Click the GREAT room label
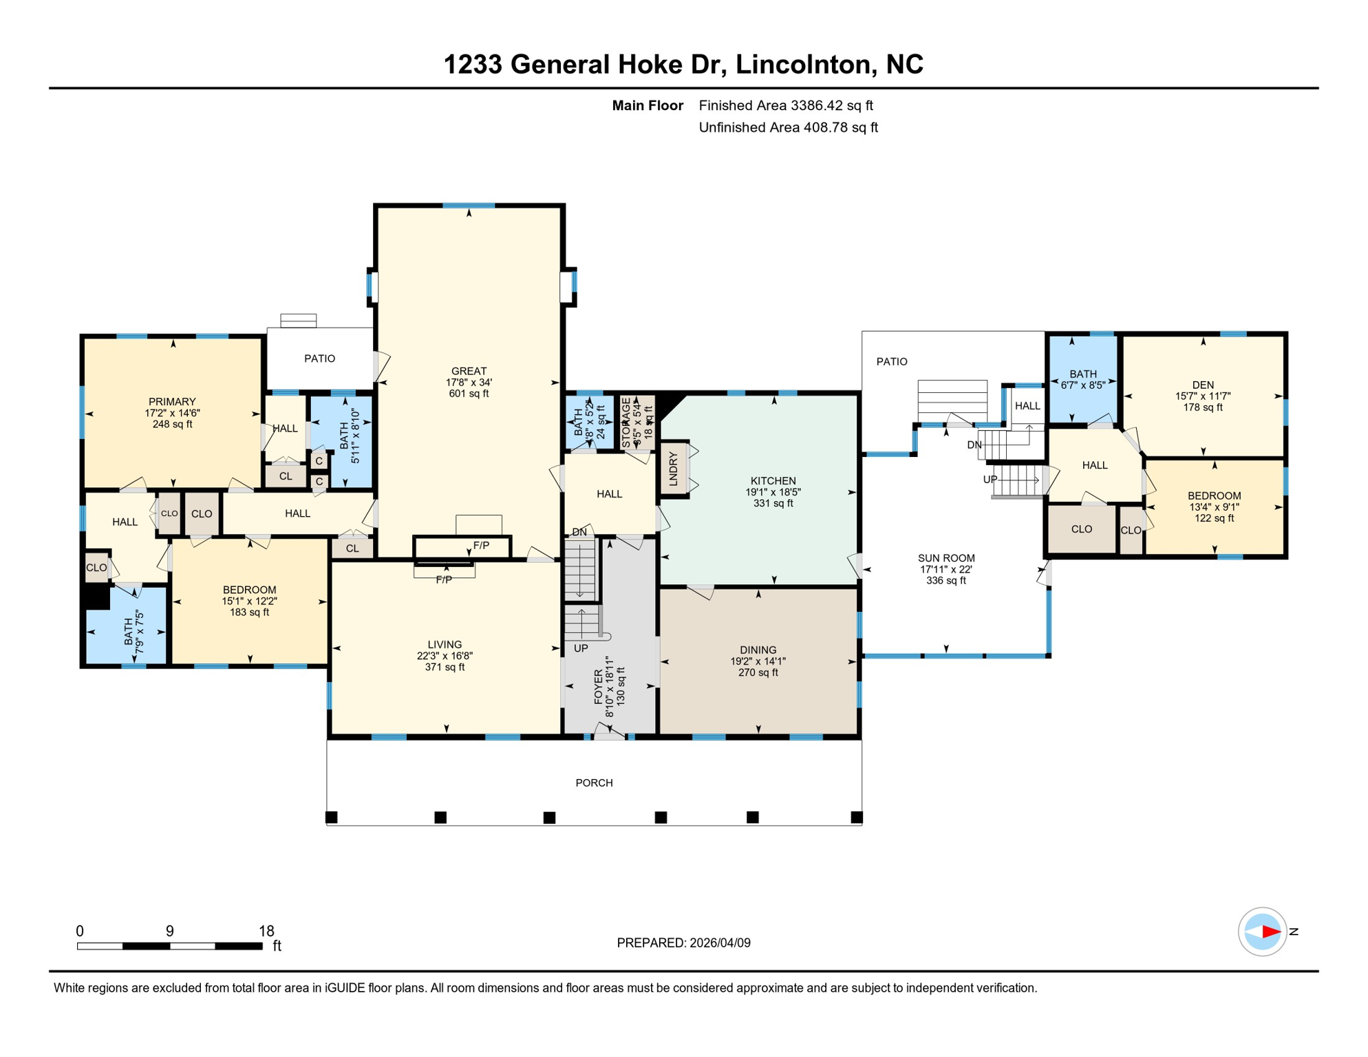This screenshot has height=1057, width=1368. (x=469, y=371)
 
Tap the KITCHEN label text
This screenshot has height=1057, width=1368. (x=773, y=481)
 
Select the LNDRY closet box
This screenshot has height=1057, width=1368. (x=674, y=469)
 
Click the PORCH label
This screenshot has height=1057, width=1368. (x=594, y=783)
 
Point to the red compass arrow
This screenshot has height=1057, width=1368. (x=1270, y=932)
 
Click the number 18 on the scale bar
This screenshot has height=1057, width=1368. (x=266, y=931)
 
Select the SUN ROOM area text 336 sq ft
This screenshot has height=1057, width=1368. (x=945, y=581)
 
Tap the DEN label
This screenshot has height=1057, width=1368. (x=1203, y=385)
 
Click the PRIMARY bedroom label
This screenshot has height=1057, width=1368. (x=172, y=402)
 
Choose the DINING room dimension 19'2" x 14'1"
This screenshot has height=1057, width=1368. (x=758, y=661)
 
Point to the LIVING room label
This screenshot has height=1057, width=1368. (x=445, y=645)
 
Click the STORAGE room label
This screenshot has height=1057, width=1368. (x=626, y=423)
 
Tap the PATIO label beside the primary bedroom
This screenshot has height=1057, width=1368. (x=320, y=359)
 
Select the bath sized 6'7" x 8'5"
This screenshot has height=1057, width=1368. (x=1082, y=380)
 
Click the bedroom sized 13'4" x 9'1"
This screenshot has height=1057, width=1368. (x=1214, y=506)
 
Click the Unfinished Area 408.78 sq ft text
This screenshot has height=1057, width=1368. (x=788, y=127)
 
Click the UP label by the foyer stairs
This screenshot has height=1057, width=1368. (x=581, y=648)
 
